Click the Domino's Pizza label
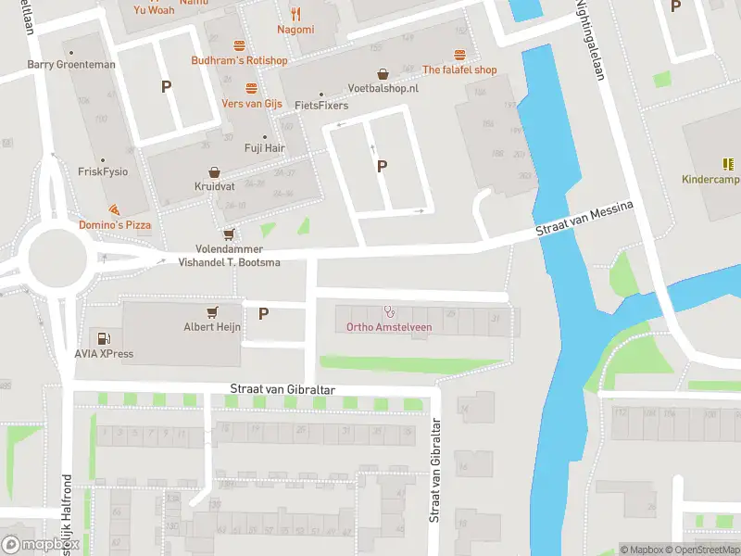[x=114, y=225]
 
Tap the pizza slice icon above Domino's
[x=114, y=210]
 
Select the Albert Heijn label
[x=212, y=326]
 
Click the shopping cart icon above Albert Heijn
[x=213, y=311]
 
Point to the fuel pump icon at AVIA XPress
[x=104, y=339]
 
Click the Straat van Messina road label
[x=584, y=222]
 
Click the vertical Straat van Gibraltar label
[x=434, y=471]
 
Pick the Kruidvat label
[x=215, y=186]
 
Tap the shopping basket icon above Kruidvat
[x=215, y=172]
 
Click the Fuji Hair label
[x=265, y=147]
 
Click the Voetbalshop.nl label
[x=383, y=88]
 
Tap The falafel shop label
[x=459, y=69]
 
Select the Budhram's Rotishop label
[x=239, y=60]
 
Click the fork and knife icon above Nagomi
[x=295, y=14]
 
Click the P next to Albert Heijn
[x=263, y=313]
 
